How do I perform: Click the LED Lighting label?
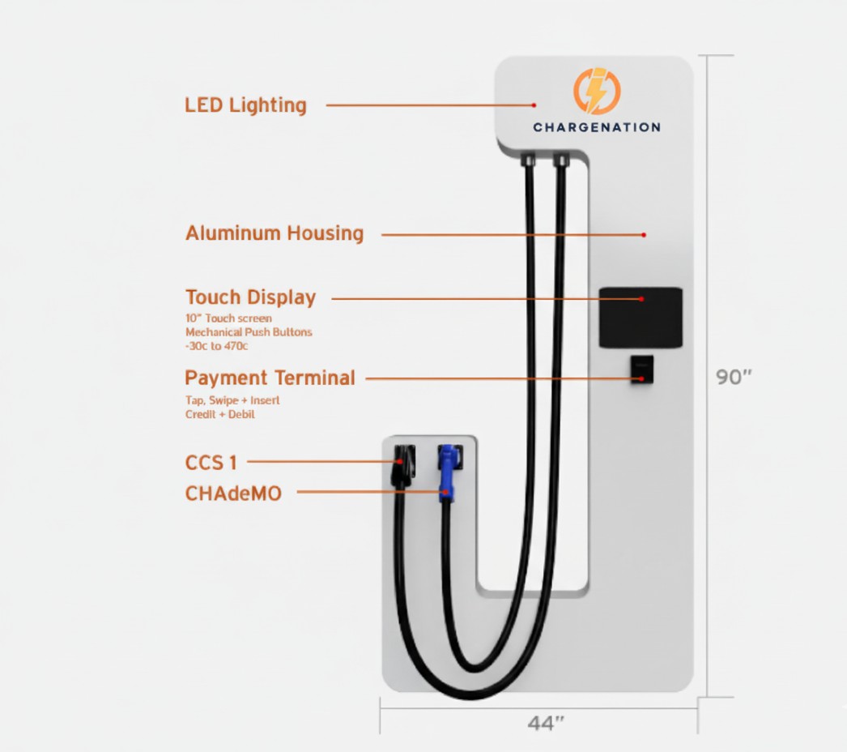[x=245, y=105]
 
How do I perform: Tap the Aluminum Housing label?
[x=275, y=234]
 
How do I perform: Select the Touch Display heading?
[x=250, y=297]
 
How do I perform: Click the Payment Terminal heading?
[x=270, y=378]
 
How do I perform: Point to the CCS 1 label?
[x=211, y=463]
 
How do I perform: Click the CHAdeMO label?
[x=233, y=493]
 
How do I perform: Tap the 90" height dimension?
[x=734, y=378]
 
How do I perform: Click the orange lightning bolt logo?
[x=596, y=92]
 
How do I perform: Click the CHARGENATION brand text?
[x=596, y=127]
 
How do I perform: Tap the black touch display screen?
[x=640, y=317]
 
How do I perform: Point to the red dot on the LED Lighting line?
[x=534, y=105]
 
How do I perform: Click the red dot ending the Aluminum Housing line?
[x=644, y=235]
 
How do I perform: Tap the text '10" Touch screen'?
[x=228, y=318]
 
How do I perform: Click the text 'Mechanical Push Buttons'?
[x=249, y=332]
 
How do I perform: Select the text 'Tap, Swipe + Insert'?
[x=232, y=401]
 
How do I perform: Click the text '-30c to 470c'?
[x=216, y=346]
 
